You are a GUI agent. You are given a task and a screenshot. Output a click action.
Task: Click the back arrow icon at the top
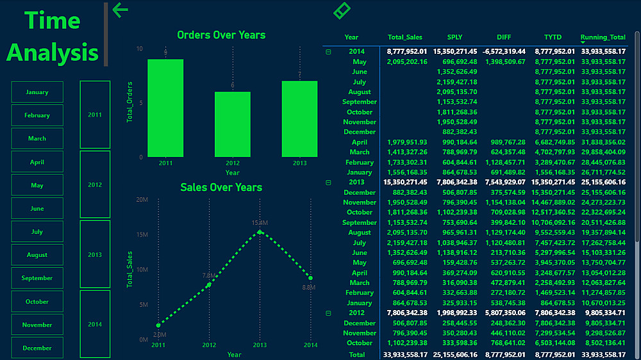click(120, 10)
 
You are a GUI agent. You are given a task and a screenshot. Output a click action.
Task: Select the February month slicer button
click(37, 115)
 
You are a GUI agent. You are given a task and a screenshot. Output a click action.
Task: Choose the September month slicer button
click(37, 278)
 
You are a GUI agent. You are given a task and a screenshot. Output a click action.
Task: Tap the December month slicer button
click(37, 348)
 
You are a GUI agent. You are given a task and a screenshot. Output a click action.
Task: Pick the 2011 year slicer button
click(95, 115)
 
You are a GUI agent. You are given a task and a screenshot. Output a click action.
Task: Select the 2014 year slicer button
click(95, 324)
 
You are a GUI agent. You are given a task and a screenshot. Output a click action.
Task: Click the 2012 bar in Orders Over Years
click(232, 124)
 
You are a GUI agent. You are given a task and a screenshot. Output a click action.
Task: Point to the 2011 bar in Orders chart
click(165, 108)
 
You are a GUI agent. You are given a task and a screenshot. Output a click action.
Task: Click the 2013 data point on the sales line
click(259, 232)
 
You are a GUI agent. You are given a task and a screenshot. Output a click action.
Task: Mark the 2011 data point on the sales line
click(158, 325)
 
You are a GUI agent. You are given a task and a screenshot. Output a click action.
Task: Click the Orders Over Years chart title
click(221, 35)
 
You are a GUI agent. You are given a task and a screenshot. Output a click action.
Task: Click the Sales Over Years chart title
click(221, 187)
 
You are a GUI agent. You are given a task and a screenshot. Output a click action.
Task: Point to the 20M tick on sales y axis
click(142, 200)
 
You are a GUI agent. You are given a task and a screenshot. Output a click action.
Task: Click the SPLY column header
click(454, 37)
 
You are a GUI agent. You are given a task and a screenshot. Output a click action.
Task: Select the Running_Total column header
click(603, 37)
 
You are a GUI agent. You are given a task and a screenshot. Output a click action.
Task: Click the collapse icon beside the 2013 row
click(329, 183)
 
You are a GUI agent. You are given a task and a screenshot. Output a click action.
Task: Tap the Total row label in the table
click(357, 354)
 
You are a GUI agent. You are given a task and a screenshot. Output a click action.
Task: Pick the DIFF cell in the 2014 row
click(503, 51)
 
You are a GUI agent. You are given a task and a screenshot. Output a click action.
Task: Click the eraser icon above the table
click(342, 10)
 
